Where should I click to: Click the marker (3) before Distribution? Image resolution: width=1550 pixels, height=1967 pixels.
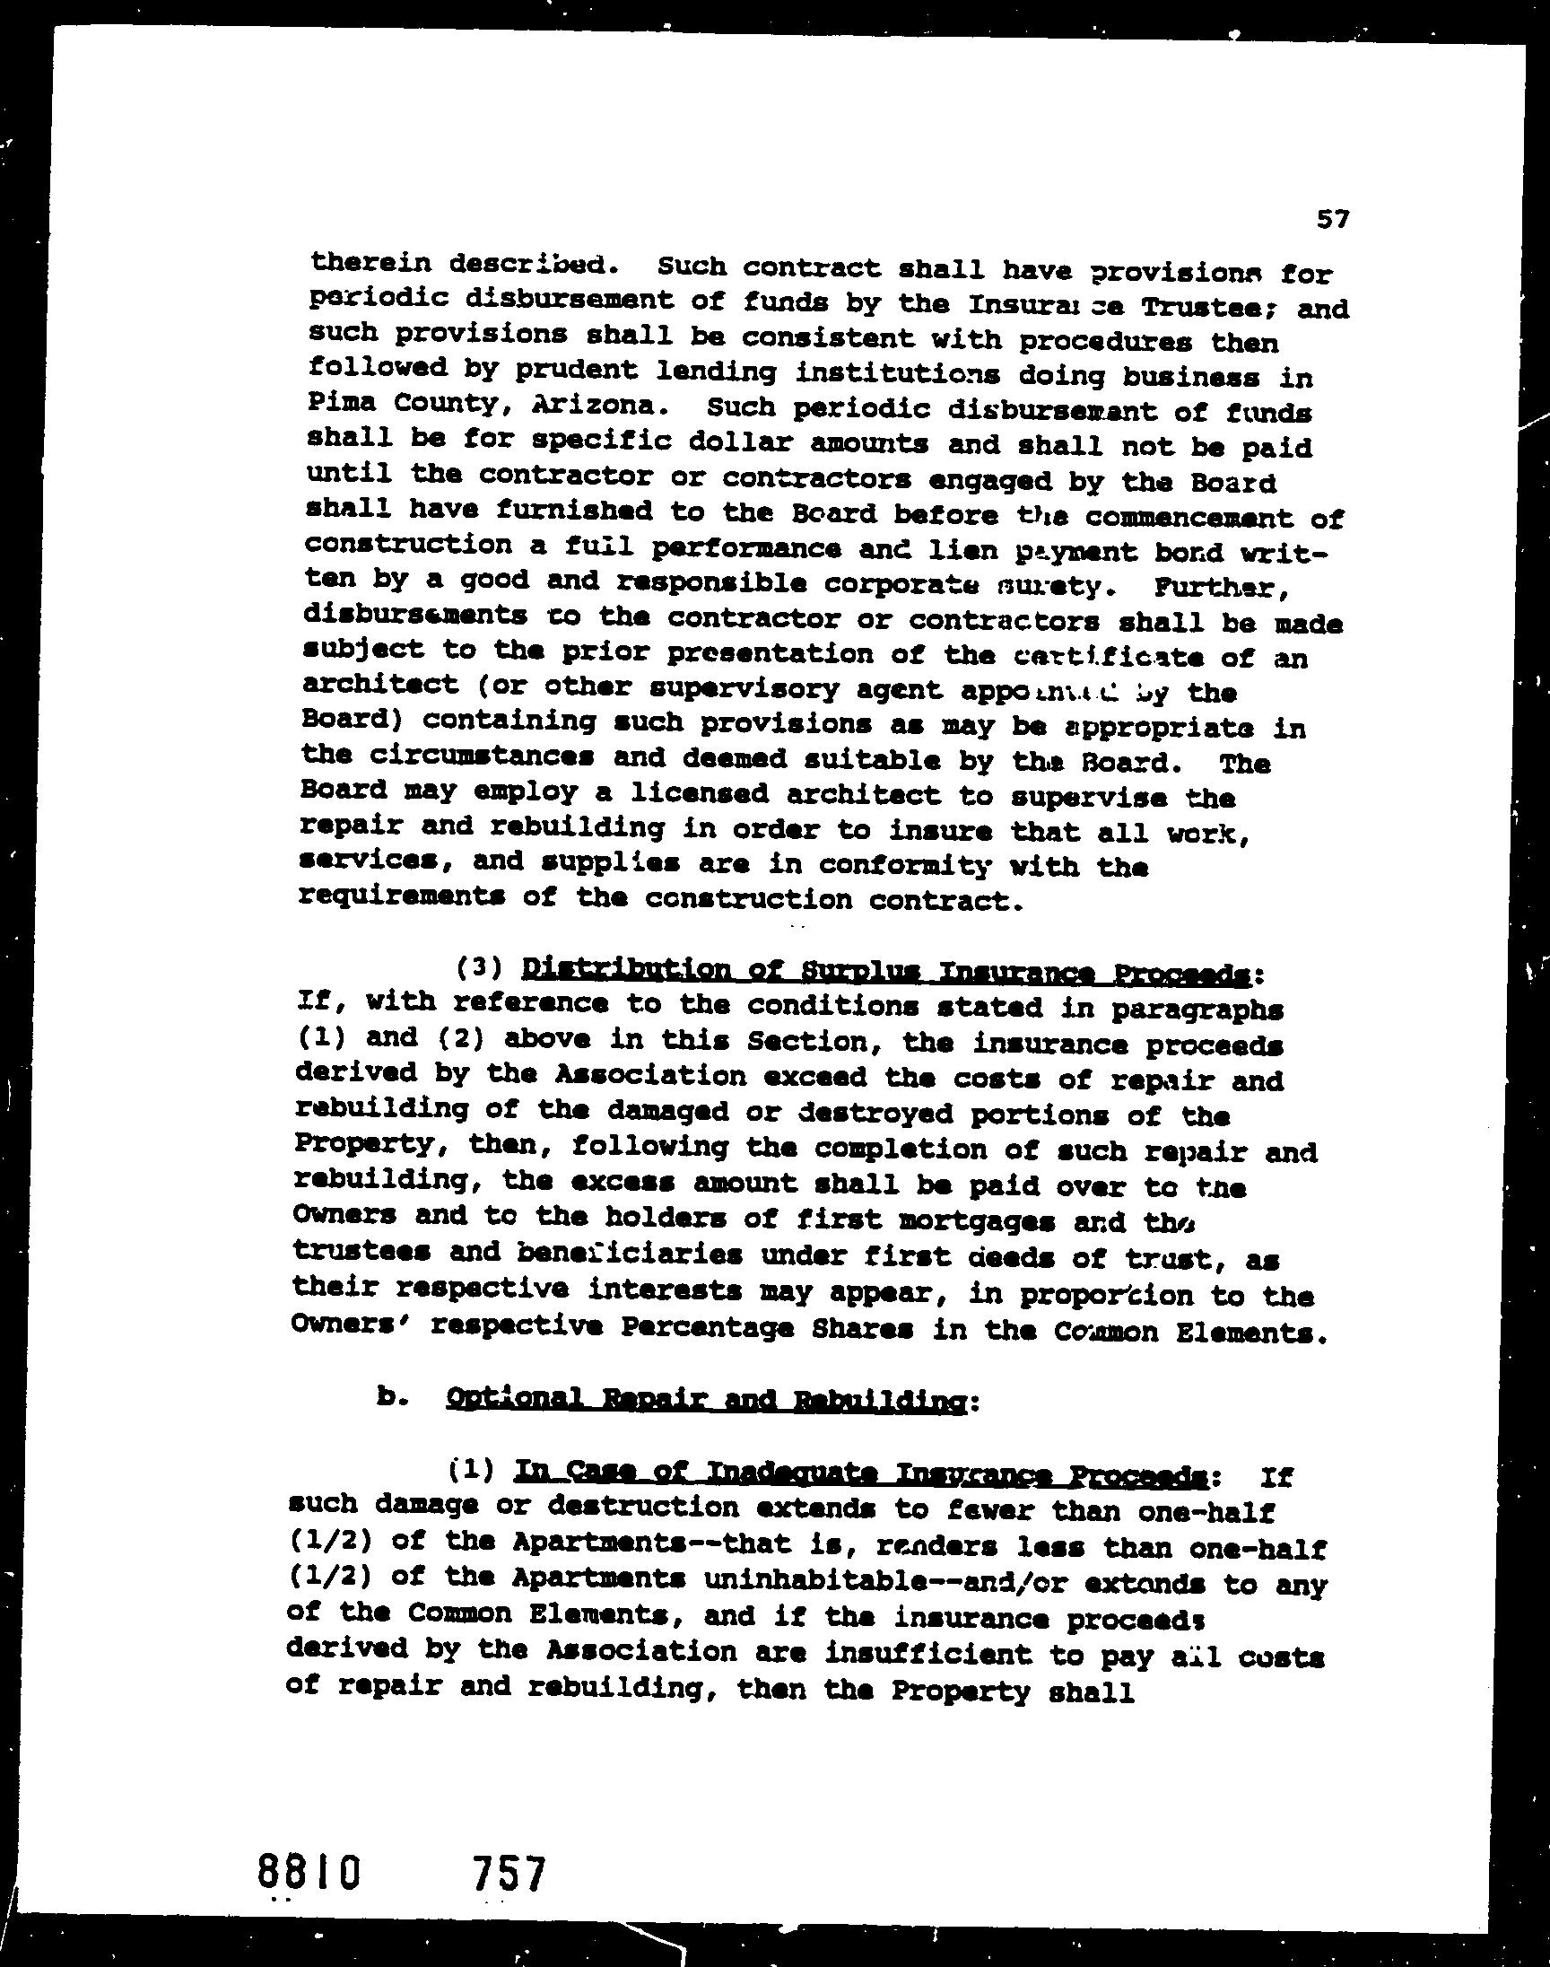coord(480,968)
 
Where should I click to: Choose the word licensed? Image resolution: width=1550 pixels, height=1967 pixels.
coord(698,794)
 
